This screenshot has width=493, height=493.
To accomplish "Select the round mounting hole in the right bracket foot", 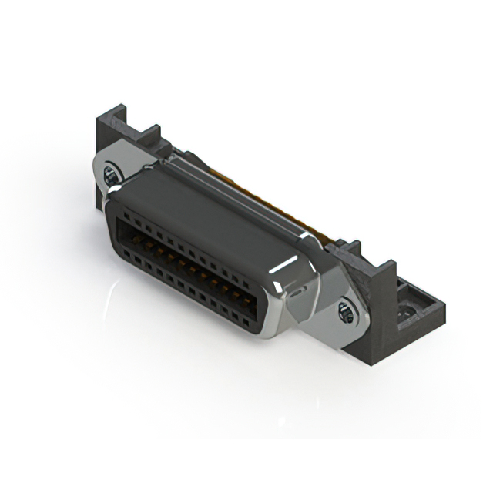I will tap(402, 314).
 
